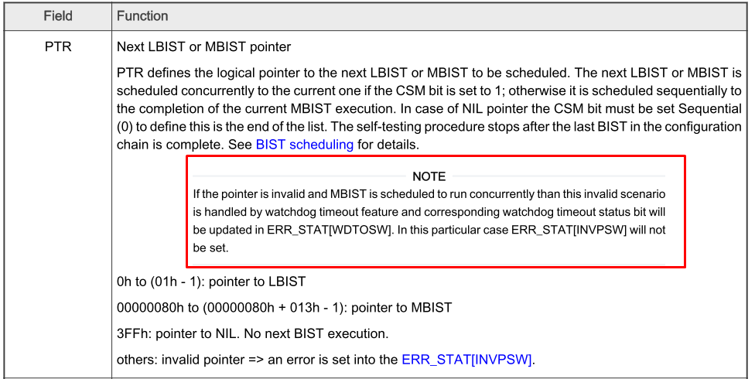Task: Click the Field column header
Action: coord(58,15)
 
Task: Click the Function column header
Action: coord(142,15)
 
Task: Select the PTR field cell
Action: coord(58,47)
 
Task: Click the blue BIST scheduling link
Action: coord(304,144)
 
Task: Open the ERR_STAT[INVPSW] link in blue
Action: coord(467,359)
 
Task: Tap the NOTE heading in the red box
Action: coord(429,177)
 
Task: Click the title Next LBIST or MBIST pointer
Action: coord(203,47)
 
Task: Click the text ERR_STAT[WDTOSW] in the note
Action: coord(353,230)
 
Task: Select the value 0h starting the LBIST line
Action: coord(125,282)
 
